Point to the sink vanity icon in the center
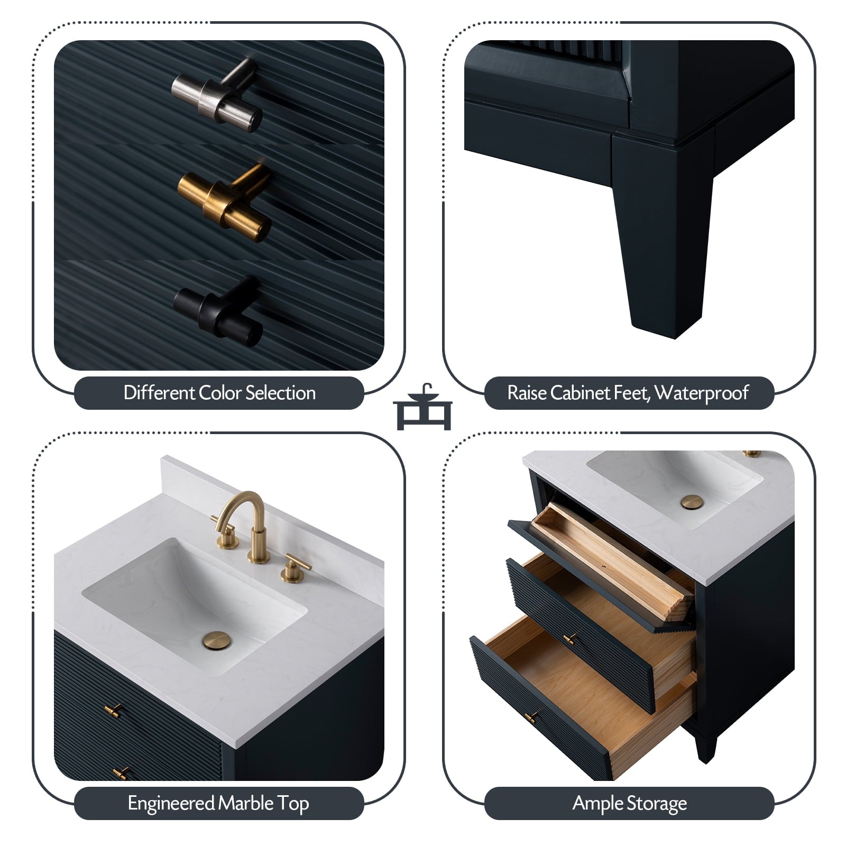pyautogui.click(x=422, y=407)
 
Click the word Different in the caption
pyautogui.click(x=159, y=393)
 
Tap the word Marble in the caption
pyautogui.click(x=246, y=803)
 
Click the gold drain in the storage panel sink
pyautogui.click(x=691, y=502)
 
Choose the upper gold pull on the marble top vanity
pyautogui.click(x=113, y=710)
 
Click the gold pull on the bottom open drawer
pyautogui.click(x=531, y=718)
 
